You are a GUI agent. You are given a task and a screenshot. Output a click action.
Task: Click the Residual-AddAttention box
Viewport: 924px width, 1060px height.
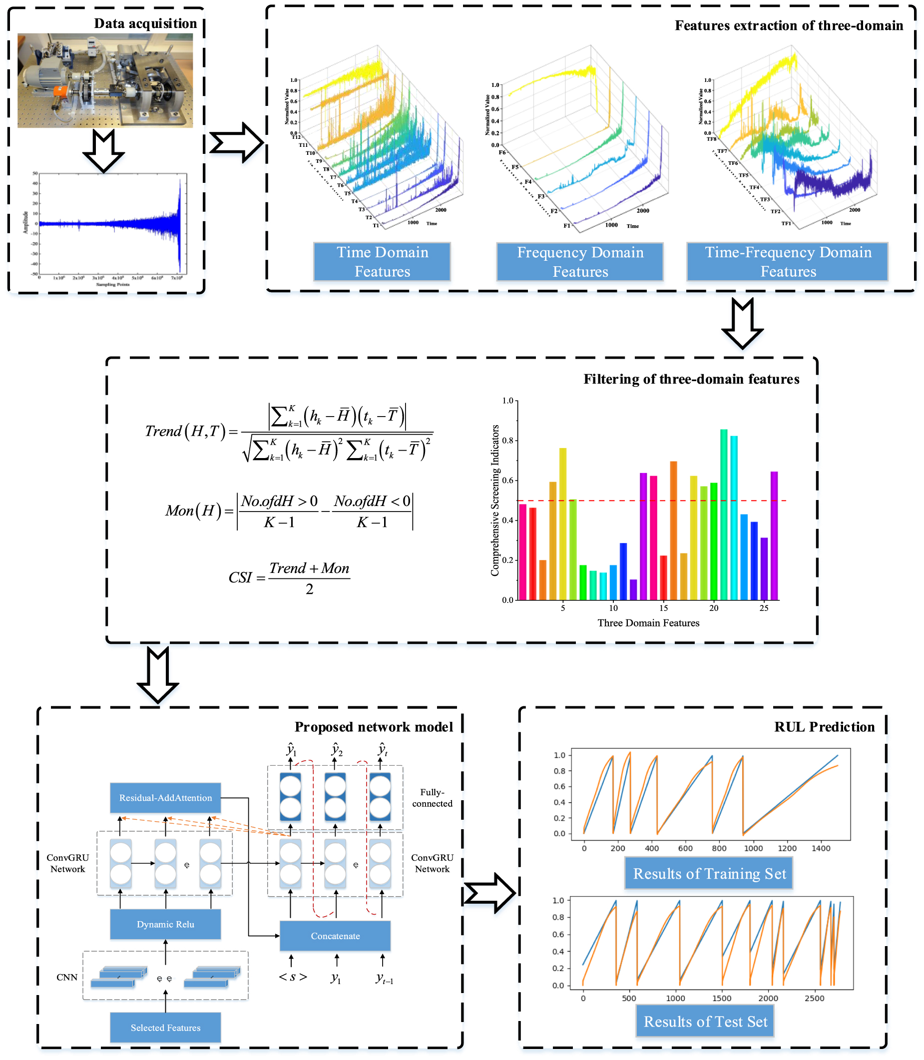pyautogui.click(x=165, y=798)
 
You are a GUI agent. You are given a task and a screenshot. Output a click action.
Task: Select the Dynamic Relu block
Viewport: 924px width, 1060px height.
pyautogui.click(x=165, y=924)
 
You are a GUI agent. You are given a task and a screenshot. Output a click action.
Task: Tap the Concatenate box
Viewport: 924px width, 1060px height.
pyautogui.click(x=335, y=936)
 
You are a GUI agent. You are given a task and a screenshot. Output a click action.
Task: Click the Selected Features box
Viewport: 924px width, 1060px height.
pyautogui.click(x=165, y=1028)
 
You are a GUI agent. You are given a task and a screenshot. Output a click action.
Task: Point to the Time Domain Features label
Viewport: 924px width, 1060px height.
pyautogui.click(x=382, y=261)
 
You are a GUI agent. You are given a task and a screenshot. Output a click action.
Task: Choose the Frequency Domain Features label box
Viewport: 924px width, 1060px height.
pyautogui.click(x=579, y=261)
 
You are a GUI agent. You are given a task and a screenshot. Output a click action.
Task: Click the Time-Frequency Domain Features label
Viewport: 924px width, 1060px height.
pyautogui.click(x=787, y=261)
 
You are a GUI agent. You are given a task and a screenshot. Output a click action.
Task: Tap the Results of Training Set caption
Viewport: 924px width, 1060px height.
pyautogui.click(x=709, y=873)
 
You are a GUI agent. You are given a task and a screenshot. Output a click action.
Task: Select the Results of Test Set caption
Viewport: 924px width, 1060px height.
pyautogui.click(x=705, y=1022)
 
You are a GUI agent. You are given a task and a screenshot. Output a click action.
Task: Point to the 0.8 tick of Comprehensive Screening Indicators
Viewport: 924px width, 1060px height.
pyautogui.click(x=508, y=440)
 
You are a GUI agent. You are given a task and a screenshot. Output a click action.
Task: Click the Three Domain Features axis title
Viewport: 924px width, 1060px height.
pyautogui.click(x=648, y=623)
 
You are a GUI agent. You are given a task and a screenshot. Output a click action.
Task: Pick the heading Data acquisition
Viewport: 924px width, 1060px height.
pyautogui.click(x=145, y=23)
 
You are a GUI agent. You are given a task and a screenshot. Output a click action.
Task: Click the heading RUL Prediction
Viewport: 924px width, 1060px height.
pyautogui.click(x=824, y=727)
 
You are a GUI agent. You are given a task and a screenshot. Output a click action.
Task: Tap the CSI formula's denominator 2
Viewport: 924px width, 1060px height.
pyautogui.click(x=309, y=589)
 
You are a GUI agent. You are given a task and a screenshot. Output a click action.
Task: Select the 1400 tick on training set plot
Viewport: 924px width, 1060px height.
pyautogui.click(x=821, y=848)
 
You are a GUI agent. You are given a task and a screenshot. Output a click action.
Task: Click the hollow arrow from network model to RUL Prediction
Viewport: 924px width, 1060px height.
pyautogui.click(x=489, y=893)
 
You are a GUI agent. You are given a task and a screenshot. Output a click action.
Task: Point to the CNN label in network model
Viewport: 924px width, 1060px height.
pyautogui.click(x=67, y=977)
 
